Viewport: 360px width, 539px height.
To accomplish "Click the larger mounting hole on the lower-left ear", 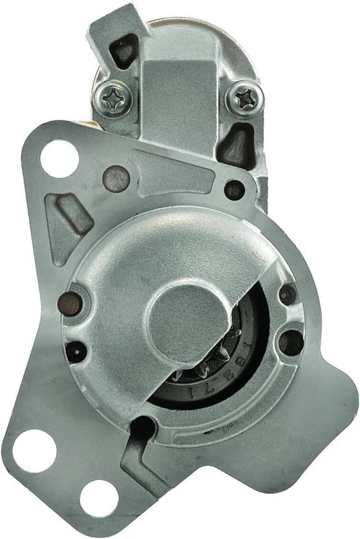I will click(x=34, y=450).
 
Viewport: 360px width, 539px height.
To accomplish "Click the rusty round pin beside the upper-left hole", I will click(x=116, y=179).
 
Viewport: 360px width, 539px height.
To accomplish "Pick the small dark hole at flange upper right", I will click(x=235, y=189).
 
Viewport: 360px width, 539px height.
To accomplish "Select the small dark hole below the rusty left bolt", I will click(x=73, y=351).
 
